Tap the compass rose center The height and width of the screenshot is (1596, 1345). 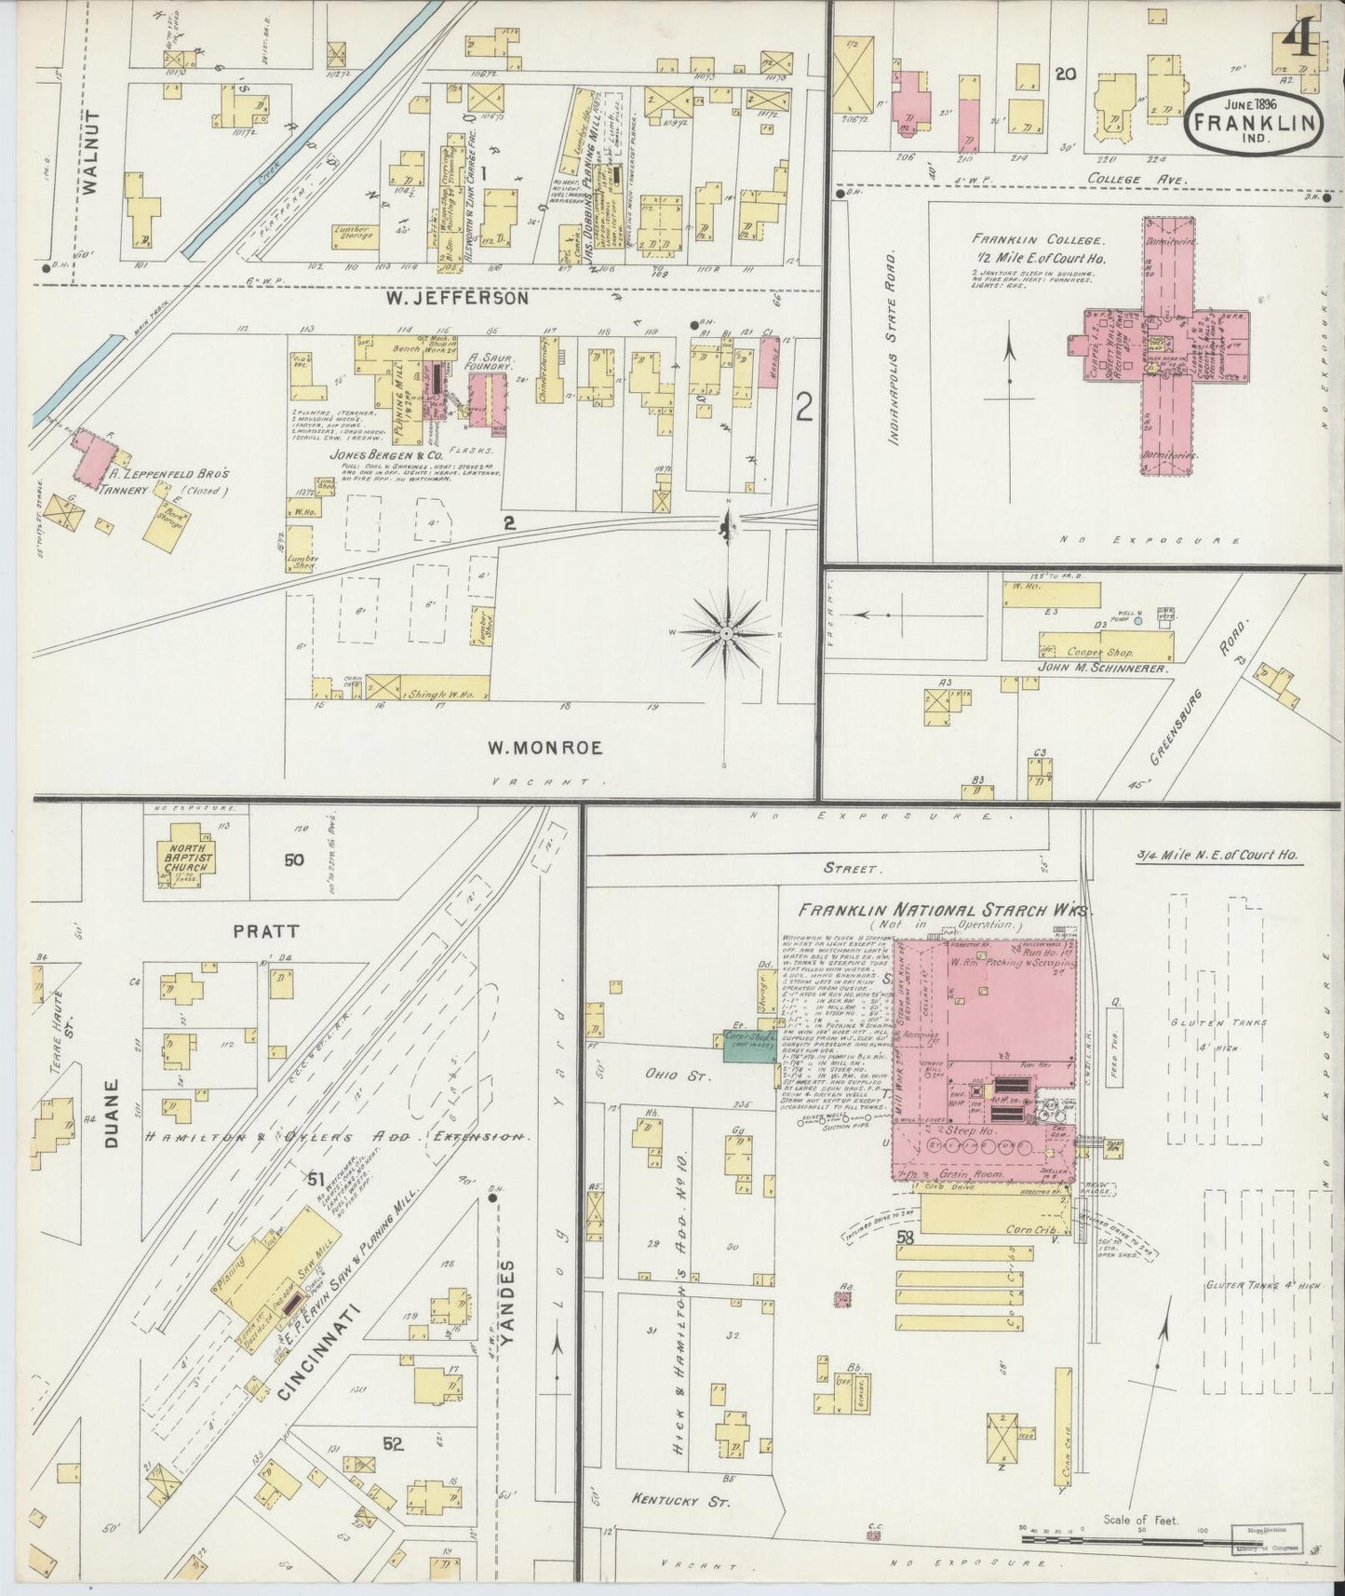pyautogui.click(x=725, y=633)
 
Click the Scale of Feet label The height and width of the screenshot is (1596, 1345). pyautogui.click(x=1140, y=1520)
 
